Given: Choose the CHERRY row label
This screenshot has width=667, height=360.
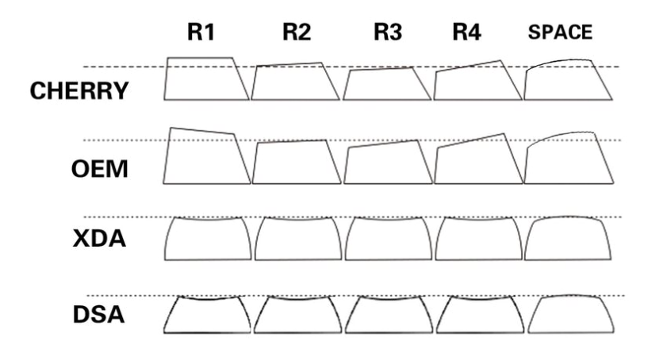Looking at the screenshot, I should (x=79, y=90).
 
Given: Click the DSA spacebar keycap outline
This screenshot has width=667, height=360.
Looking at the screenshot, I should (x=567, y=314).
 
